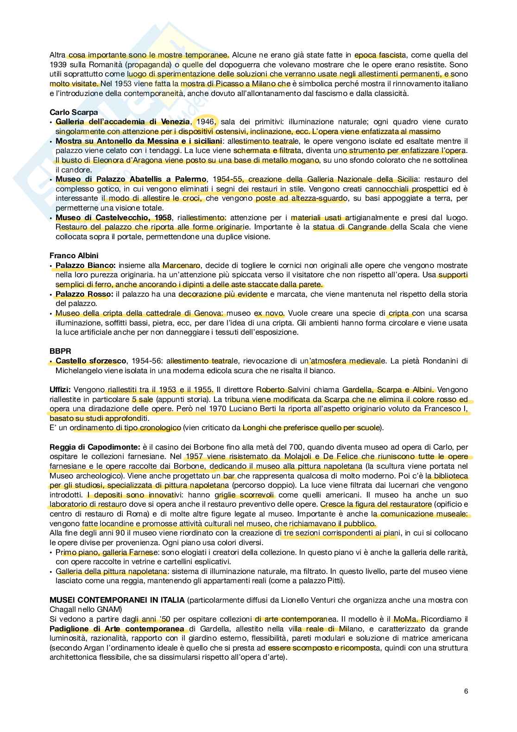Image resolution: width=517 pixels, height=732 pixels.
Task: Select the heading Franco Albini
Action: point(74,255)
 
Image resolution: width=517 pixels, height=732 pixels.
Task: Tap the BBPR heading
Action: point(59,351)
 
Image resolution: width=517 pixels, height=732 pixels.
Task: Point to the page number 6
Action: point(466,691)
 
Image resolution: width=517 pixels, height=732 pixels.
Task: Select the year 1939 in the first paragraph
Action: point(58,64)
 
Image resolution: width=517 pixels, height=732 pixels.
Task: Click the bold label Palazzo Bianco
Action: point(85,266)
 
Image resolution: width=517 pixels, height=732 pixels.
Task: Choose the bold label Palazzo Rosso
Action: point(84,294)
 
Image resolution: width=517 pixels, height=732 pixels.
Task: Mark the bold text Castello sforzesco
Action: point(91,361)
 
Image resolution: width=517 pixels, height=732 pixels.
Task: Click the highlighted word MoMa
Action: point(406,619)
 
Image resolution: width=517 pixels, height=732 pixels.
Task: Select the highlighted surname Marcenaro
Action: point(181,266)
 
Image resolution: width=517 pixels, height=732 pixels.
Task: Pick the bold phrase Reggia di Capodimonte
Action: point(95,447)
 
